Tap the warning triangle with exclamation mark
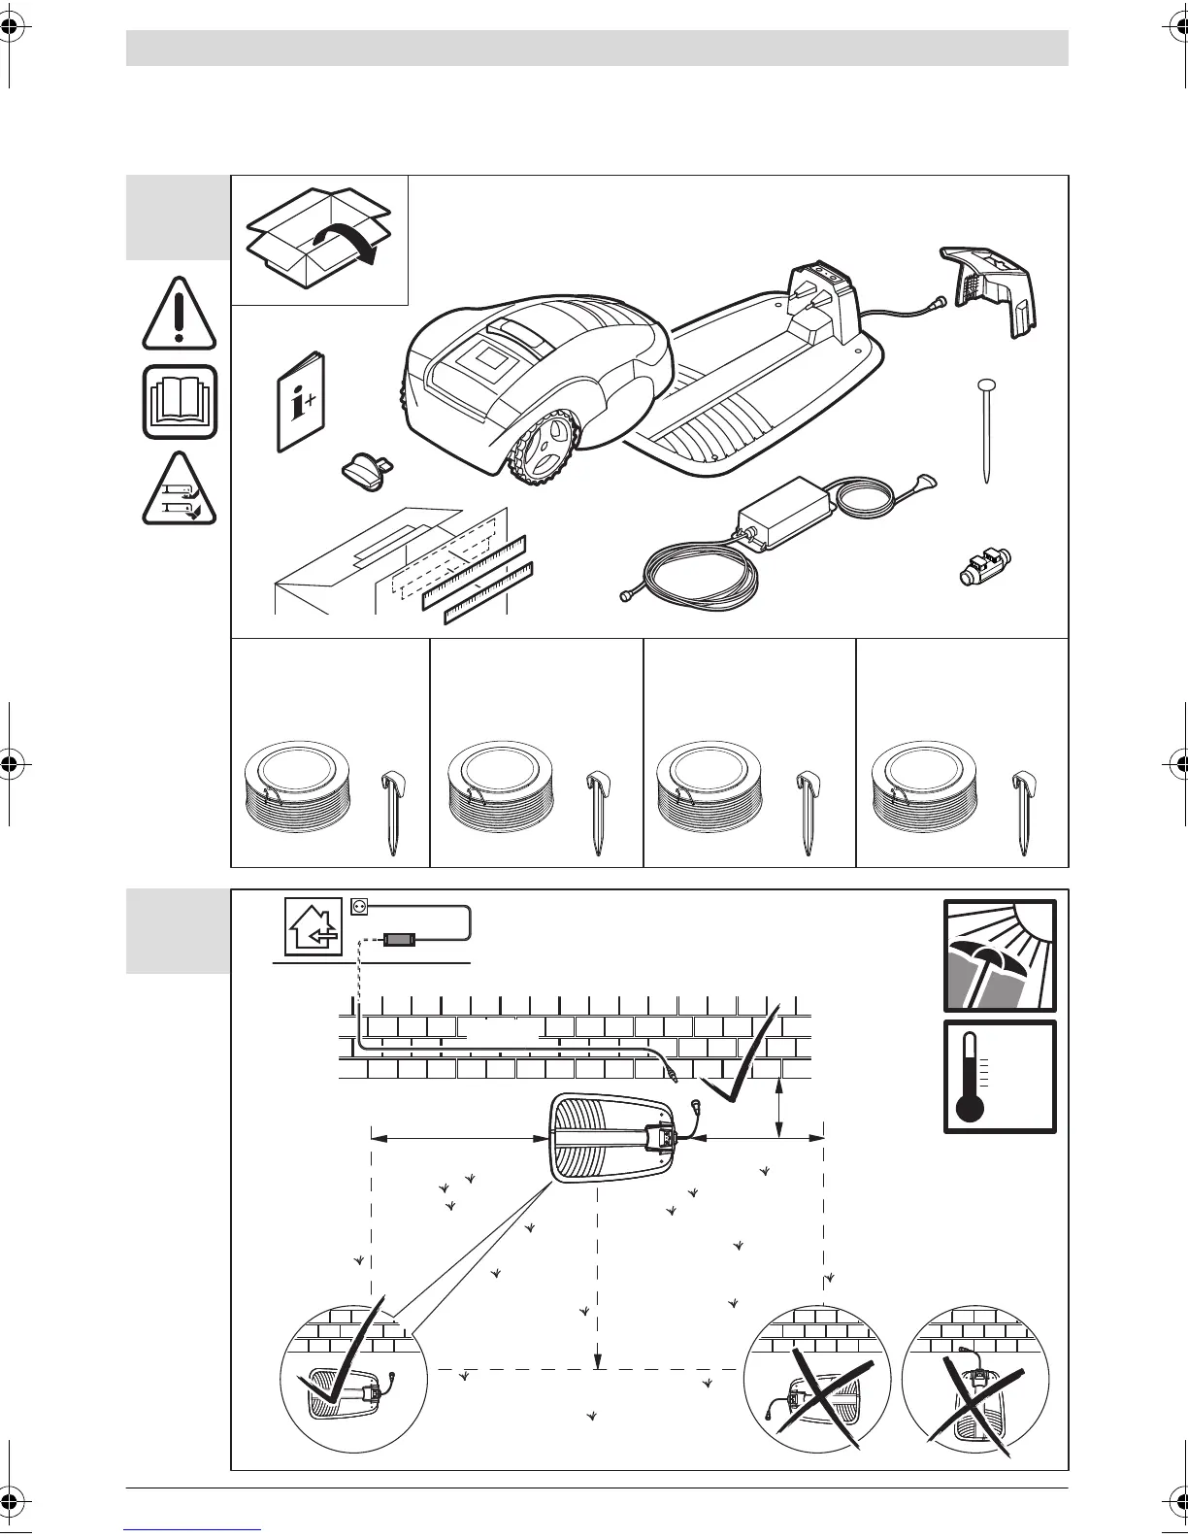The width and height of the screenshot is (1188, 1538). click(179, 315)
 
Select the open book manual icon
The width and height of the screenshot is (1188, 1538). click(180, 402)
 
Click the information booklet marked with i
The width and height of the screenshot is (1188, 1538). click(302, 401)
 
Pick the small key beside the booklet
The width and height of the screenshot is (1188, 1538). click(365, 469)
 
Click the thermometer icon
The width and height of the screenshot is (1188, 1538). click(1000, 1076)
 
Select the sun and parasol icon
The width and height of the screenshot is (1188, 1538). click(1000, 955)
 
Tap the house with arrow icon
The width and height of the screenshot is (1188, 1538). click(311, 926)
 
